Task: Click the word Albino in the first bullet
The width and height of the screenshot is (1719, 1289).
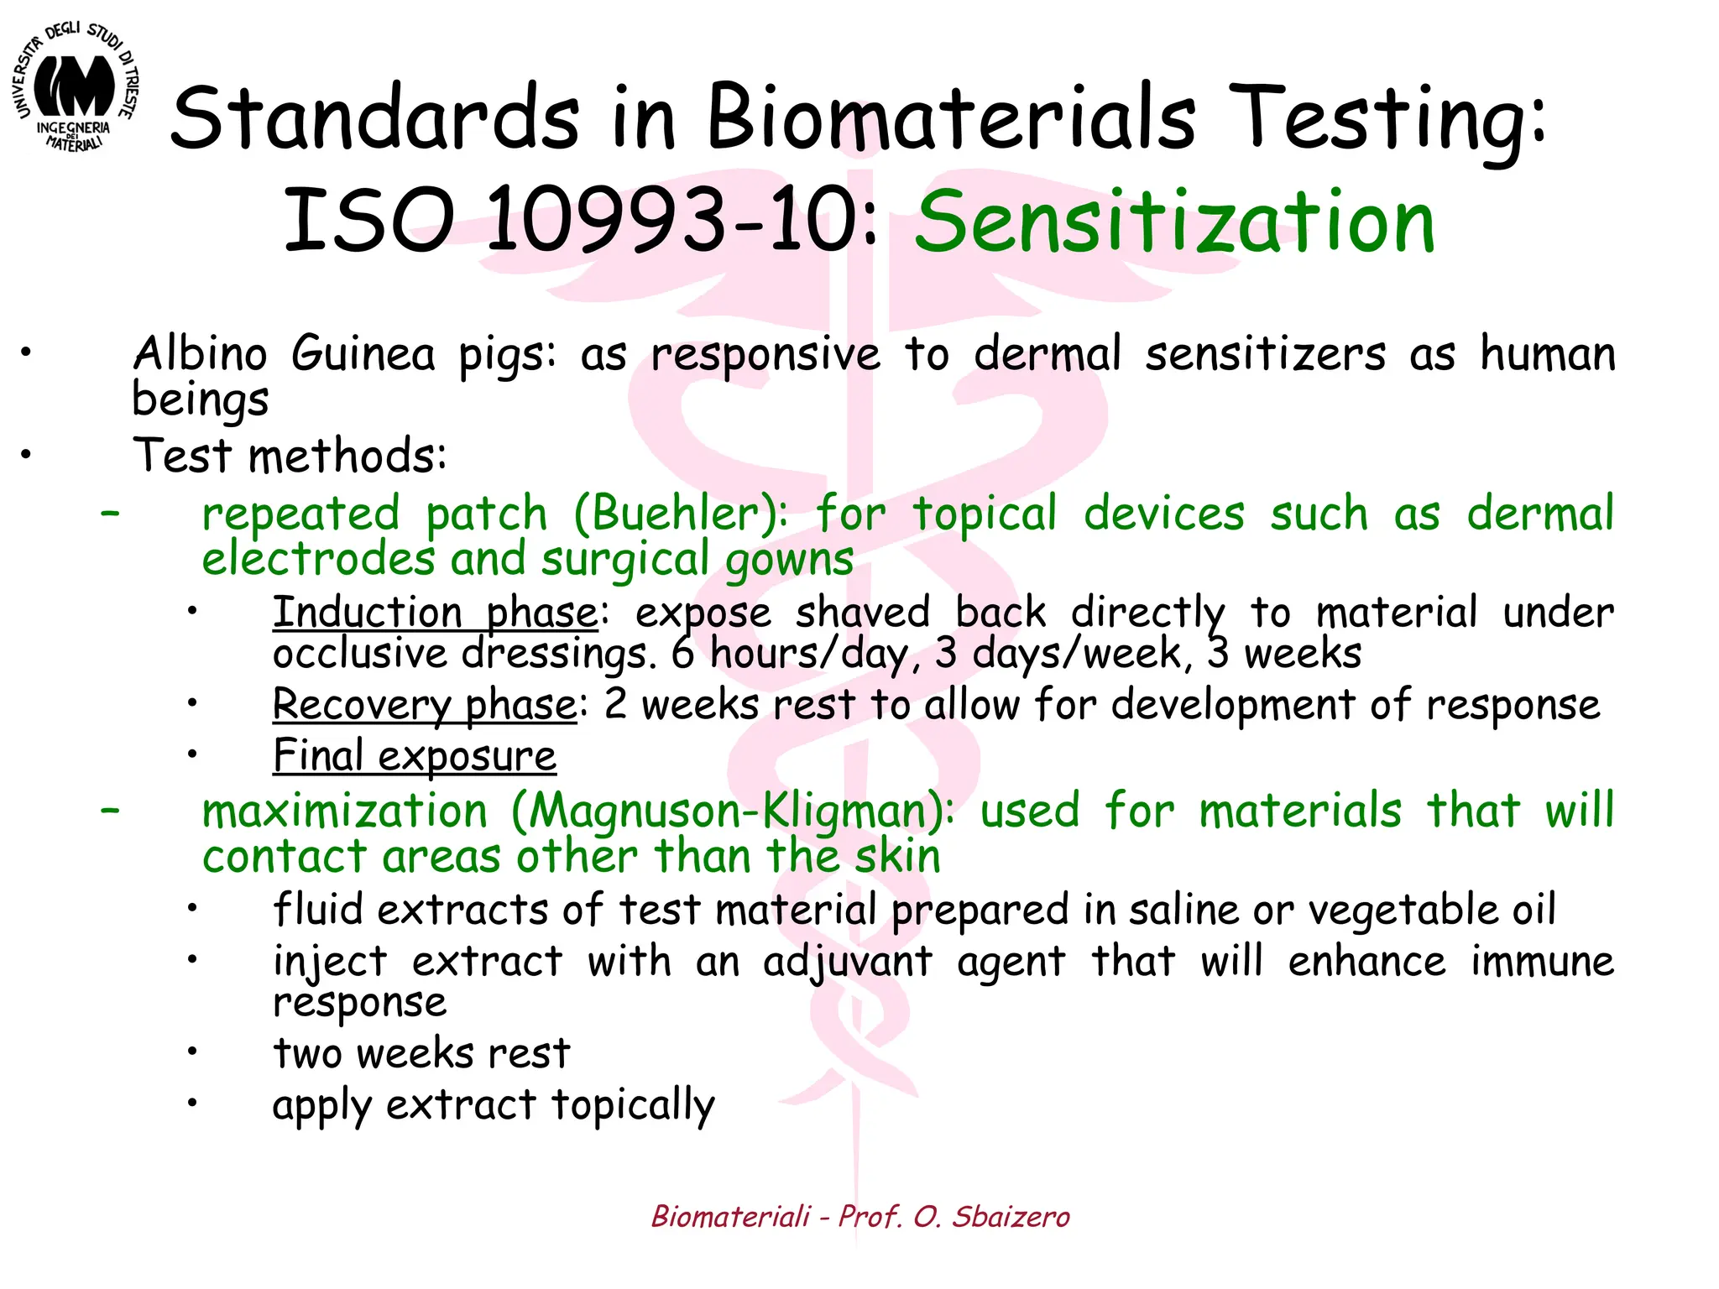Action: [200, 353]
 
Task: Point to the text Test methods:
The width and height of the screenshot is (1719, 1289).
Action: [290, 456]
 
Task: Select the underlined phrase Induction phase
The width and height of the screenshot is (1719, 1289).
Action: [435, 612]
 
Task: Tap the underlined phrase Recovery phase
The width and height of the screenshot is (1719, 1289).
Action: [425, 704]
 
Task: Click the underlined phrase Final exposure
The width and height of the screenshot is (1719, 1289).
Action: [415, 755]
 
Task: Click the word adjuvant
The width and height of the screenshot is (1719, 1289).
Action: [847, 962]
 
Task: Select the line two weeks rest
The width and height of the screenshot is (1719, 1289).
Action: [421, 1053]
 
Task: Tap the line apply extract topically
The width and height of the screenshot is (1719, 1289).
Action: [494, 1105]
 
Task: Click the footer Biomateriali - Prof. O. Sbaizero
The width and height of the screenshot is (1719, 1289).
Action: [860, 1216]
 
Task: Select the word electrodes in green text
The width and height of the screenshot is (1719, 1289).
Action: [317, 559]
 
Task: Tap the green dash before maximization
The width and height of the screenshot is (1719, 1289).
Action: [109, 811]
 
